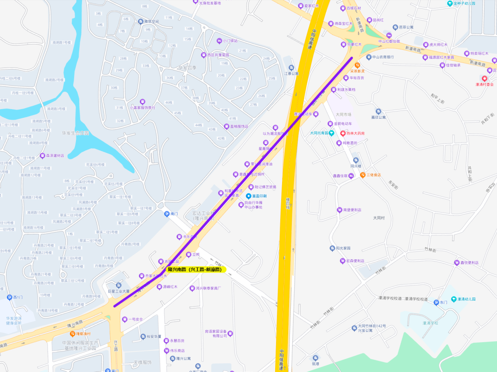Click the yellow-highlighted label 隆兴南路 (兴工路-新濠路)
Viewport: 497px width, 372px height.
click(x=194, y=269)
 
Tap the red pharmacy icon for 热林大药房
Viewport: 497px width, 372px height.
click(x=343, y=133)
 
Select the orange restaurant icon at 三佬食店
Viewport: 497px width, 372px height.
click(x=363, y=174)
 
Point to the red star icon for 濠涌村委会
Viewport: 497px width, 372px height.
click(x=485, y=78)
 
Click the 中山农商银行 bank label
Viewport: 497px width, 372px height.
click(x=382, y=57)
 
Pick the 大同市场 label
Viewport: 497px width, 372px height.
click(x=343, y=114)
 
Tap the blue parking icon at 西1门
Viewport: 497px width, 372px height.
click(x=9, y=297)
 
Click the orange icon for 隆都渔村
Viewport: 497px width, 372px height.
click(x=72, y=334)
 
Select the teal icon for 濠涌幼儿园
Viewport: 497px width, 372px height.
click(x=454, y=299)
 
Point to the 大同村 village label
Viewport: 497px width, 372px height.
click(x=381, y=218)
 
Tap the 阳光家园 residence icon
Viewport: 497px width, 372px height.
click(x=332, y=248)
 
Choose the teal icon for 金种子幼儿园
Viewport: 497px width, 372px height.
click(x=450, y=4)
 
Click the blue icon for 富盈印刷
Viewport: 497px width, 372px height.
click(x=248, y=196)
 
